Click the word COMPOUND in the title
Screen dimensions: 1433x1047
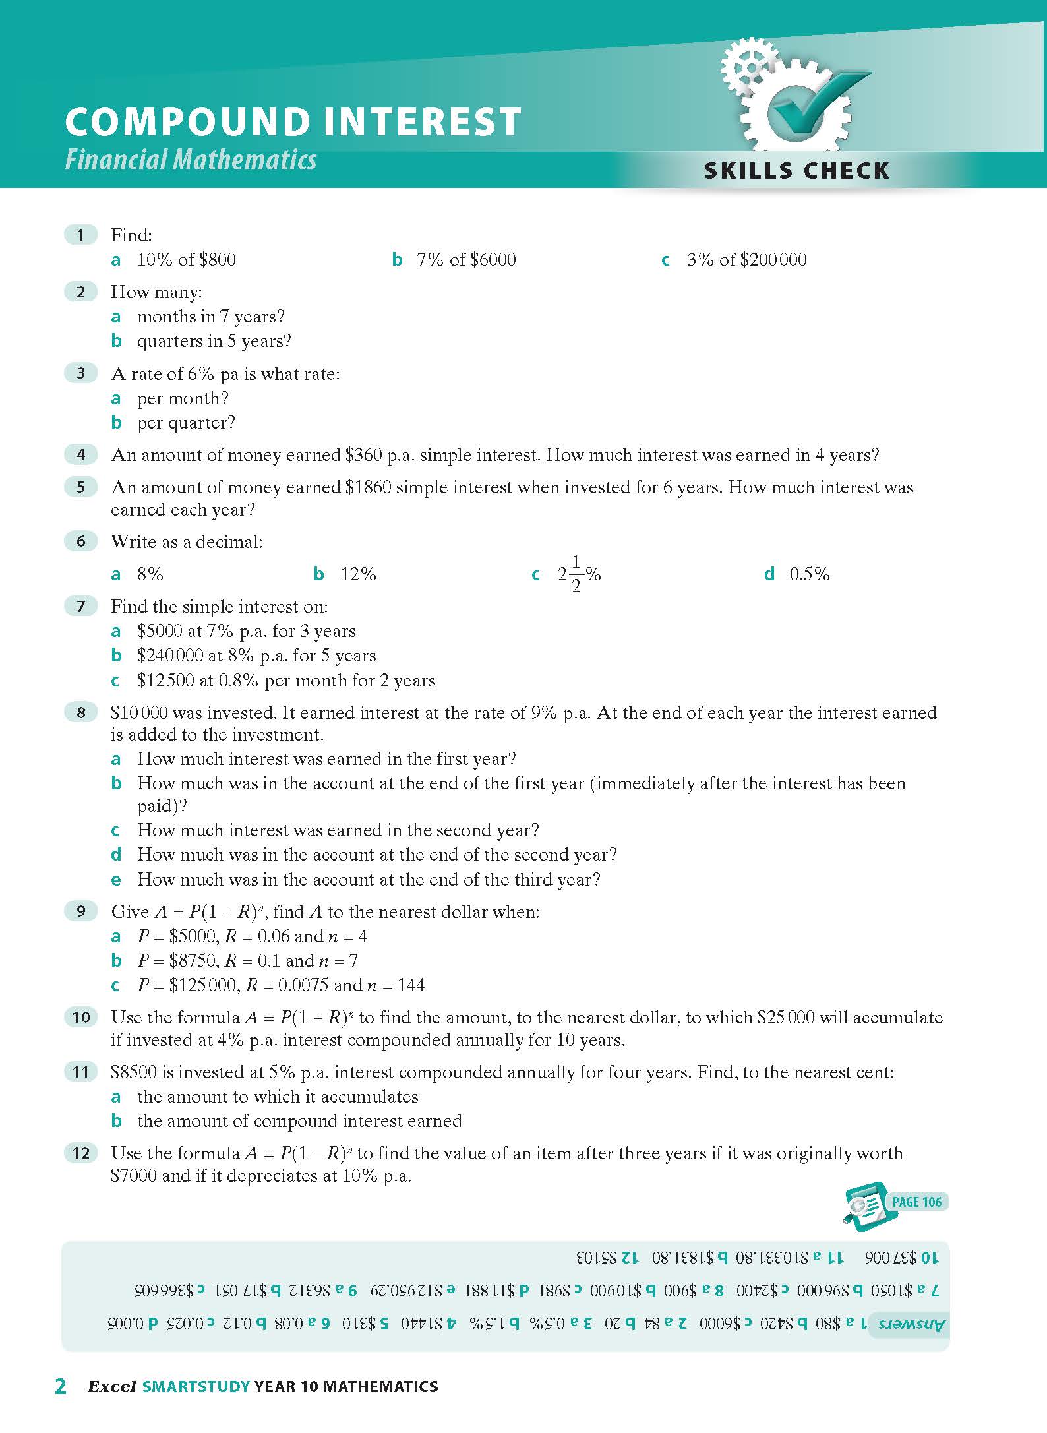pyautogui.click(x=187, y=122)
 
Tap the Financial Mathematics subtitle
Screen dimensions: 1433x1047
pyautogui.click(x=191, y=160)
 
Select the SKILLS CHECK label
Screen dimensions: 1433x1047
pyautogui.click(x=796, y=171)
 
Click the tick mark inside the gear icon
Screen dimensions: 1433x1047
pyautogui.click(x=812, y=99)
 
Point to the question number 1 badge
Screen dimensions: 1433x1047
pyautogui.click(x=80, y=235)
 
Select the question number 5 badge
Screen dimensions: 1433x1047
pyautogui.click(x=80, y=487)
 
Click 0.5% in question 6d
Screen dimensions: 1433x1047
pyautogui.click(x=809, y=574)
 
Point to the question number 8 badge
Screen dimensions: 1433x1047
pyautogui.click(x=80, y=712)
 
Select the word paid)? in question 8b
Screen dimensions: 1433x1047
pyautogui.click(x=162, y=806)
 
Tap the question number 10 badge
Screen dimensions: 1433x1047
pyautogui.click(x=80, y=1018)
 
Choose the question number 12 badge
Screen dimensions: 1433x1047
pyautogui.click(x=80, y=1153)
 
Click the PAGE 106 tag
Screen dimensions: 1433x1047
pyautogui.click(x=916, y=1202)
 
